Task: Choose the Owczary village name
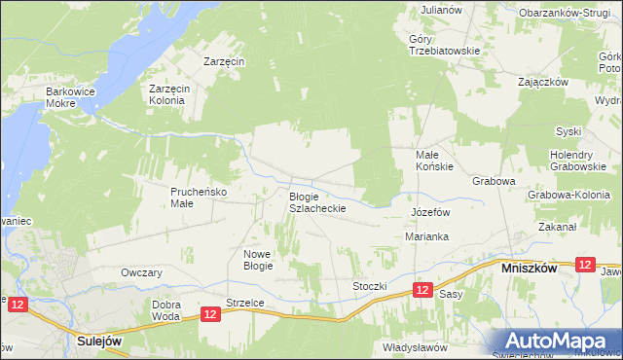pyautogui.click(x=140, y=272)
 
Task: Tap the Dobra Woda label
pyautogui.click(x=166, y=309)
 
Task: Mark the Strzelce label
pyautogui.click(x=244, y=303)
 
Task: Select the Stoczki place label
pyautogui.click(x=370, y=287)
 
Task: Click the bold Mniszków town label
pyautogui.click(x=529, y=267)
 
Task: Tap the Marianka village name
pyautogui.click(x=425, y=236)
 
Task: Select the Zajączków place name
pyautogui.click(x=543, y=82)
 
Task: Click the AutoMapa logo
pyautogui.click(x=559, y=341)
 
